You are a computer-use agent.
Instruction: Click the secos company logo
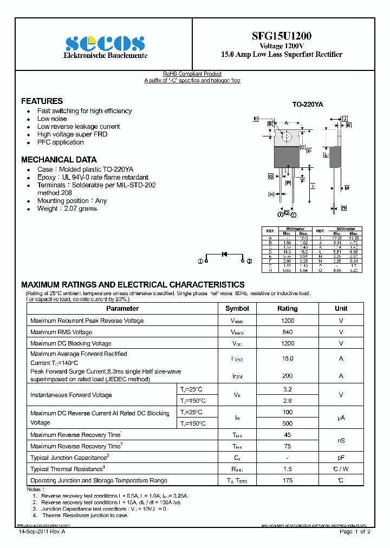click(x=105, y=43)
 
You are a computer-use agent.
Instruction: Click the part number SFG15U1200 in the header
click(x=281, y=36)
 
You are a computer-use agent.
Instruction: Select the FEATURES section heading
click(x=42, y=101)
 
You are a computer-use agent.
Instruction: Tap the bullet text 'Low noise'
click(x=52, y=119)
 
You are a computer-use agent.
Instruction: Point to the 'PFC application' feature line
click(x=61, y=142)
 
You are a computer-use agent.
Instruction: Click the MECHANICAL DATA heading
click(x=58, y=160)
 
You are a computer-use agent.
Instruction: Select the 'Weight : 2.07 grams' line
click(x=67, y=208)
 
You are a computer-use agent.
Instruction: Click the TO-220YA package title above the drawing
click(x=307, y=105)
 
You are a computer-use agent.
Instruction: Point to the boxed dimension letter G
click(x=270, y=177)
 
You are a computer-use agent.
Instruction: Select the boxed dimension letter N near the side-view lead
click(x=344, y=208)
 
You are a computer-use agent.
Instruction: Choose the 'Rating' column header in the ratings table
click(x=287, y=309)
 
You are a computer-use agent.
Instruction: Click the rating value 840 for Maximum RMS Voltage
click(x=287, y=332)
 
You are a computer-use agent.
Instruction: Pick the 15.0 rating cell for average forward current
click(x=287, y=358)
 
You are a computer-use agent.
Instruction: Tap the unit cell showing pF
click(x=341, y=458)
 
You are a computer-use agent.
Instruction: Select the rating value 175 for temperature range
click(x=287, y=480)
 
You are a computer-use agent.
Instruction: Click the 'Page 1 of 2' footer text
click(x=355, y=532)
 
